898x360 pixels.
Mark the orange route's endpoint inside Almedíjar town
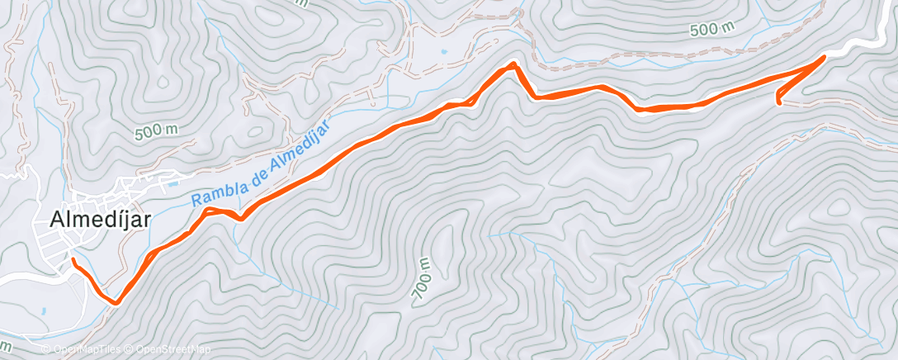(73, 260)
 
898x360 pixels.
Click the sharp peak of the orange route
(513, 64)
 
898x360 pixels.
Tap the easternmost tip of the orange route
(825, 57)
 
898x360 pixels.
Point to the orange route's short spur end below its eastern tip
(779, 102)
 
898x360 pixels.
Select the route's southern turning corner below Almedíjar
(117, 302)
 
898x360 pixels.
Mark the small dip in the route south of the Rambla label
(239, 218)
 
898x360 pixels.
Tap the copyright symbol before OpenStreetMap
(130, 348)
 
